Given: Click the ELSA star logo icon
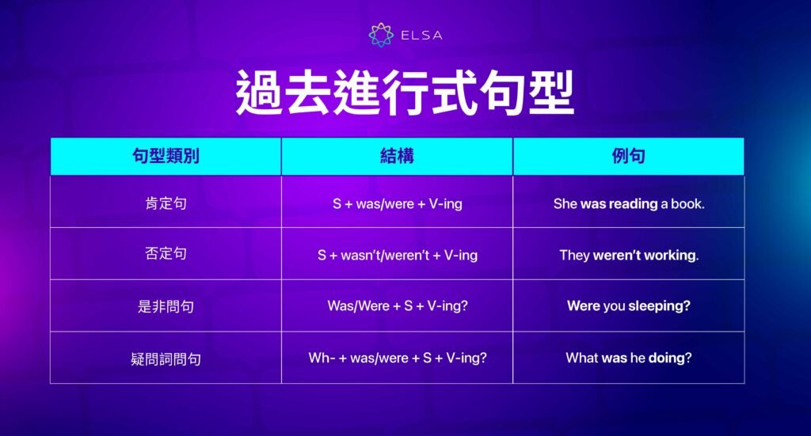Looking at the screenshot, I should click(x=381, y=35).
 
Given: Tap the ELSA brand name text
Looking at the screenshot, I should click(x=421, y=35).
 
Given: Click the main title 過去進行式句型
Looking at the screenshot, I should click(x=405, y=95).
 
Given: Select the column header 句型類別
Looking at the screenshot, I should click(x=166, y=156).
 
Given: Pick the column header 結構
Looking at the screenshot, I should click(x=397, y=156).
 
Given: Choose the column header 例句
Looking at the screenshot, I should click(x=628, y=156).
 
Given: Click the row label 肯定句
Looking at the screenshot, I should click(x=166, y=203).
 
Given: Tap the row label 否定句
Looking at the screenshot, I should click(x=166, y=255).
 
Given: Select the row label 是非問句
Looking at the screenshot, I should click(x=166, y=306).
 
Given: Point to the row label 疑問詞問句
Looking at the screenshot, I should click(x=166, y=358).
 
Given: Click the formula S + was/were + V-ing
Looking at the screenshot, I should click(x=397, y=203).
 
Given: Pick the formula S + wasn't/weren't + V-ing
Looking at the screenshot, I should click(x=397, y=255).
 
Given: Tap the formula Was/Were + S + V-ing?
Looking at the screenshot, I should click(x=397, y=306).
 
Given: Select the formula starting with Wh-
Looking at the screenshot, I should click(x=397, y=358).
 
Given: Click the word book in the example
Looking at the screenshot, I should click(x=687, y=203).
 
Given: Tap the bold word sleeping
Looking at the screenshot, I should click(x=659, y=306).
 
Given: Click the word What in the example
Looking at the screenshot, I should click(x=581, y=358).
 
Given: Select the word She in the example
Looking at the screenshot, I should click(x=565, y=203).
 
